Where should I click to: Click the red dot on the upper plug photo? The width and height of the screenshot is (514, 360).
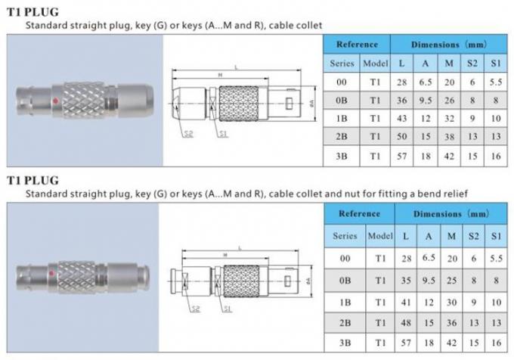tap(57, 100)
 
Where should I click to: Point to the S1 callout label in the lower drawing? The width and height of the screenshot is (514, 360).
tap(226, 309)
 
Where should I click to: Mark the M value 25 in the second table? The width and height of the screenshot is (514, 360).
tap(451, 280)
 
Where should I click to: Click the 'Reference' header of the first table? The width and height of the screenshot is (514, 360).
tap(358, 44)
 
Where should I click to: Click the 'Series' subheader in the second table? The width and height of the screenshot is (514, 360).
tap(344, 236)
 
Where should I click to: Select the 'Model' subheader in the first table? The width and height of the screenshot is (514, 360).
tap(375, 63)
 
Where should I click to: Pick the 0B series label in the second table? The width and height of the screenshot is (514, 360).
tap(344, 280)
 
